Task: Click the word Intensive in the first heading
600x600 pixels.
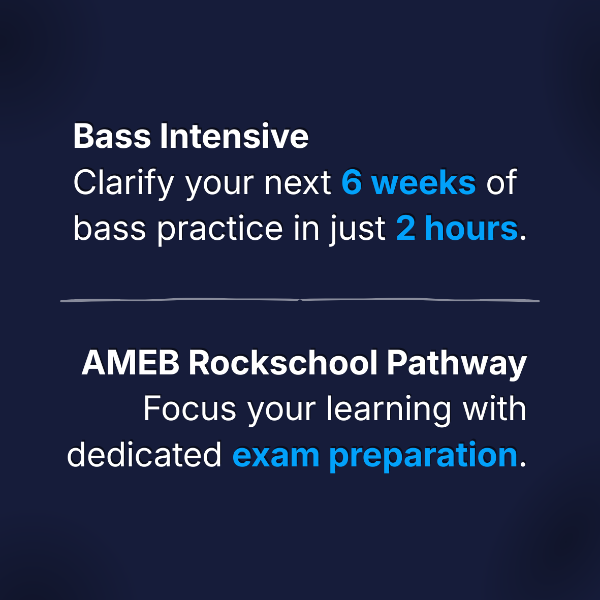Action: tap(234, 136)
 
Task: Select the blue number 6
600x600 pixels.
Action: tap(352, 182)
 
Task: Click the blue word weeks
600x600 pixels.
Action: tap(424, 182)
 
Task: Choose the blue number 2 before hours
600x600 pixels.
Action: tap(406, 228)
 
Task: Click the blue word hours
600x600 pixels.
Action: tap(471, 228)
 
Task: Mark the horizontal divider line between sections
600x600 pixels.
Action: tap(300, 300)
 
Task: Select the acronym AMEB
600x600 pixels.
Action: tap(131, 362)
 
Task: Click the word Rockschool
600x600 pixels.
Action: tap(283, 362)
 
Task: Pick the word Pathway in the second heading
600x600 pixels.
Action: tap(457, 364)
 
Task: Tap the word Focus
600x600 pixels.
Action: tap(190, 408)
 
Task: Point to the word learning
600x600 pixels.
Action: tap(389, 410)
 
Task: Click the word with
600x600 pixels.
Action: tap(494, 408)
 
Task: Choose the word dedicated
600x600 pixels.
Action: tap(144, 454)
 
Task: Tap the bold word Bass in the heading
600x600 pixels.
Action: tap(112, 136)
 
